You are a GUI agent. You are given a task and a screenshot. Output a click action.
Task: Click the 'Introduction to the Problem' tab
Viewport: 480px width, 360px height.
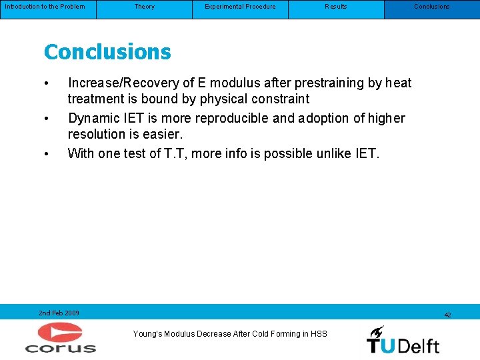click(x=45, y=7)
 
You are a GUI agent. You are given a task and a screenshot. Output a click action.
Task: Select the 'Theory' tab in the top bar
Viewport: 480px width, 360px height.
click(x=144, y=7)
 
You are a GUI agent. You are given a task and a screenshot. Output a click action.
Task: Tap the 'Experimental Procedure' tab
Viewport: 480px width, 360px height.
click(x=240, y=7)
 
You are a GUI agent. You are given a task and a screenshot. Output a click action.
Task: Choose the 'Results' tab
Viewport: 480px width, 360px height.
click(x=336, y=7)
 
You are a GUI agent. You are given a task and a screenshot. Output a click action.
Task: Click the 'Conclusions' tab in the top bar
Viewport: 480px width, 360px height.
click(x=432, y=7)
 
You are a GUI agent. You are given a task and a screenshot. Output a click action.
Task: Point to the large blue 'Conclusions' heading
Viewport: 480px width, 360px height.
click(x=107, y=51)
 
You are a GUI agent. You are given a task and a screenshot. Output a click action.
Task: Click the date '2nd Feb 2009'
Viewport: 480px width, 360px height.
click(x=59, y=313)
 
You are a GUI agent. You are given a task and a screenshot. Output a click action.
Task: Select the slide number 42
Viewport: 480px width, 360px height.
click(x=447, y=315)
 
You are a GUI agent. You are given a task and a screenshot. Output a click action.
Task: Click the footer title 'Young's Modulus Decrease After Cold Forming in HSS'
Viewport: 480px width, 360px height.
click(x=230, y=333)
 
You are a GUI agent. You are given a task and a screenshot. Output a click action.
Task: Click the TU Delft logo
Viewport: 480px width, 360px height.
click(x=403, y=339)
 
